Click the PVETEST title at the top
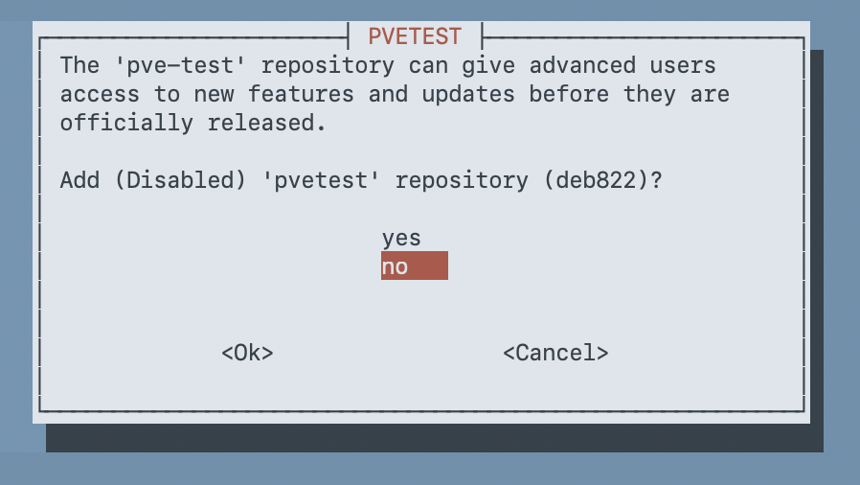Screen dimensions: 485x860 point(415,37)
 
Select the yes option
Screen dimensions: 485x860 point(401,239)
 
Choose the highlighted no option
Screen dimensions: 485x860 point(414,266)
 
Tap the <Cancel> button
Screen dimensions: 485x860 point(555,353)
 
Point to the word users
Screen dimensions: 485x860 point(683,66)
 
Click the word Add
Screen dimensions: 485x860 point(79,180)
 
